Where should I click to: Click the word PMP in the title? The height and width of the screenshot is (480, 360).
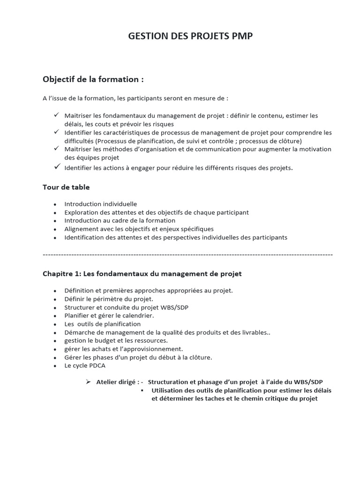click(x=240, y=37)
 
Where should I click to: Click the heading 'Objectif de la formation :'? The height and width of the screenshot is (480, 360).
click(x=93, y=79)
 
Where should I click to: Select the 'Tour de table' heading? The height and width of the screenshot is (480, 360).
click(x=66, y=187)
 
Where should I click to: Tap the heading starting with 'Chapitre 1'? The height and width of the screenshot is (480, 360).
click(x=142, y=273)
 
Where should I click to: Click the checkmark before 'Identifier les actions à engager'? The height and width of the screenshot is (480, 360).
click(x=56, y=166)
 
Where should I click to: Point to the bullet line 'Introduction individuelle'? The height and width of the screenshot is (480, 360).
click(x=100, y=204)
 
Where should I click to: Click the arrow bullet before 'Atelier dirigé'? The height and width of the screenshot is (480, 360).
click(x=88, y=382)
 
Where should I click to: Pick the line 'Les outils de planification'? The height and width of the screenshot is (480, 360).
click(x=102, y=324)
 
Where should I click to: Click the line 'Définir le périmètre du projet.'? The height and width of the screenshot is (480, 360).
click(x=109, y=299)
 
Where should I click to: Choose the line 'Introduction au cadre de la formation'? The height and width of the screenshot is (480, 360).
click(x=120, y=220)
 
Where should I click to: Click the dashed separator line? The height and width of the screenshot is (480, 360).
click(x=187, y=255)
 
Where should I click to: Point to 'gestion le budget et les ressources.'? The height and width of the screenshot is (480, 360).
click(x=116, y=340)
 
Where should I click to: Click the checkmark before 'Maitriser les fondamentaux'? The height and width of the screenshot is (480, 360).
click(x=56, y=115)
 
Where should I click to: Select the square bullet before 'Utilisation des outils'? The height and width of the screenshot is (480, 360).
click(x=142, y=390)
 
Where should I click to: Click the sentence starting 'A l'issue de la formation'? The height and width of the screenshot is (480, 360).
click(x=135, y=98)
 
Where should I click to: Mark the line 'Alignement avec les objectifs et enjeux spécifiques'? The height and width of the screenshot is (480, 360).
click(x=139, y=229)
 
